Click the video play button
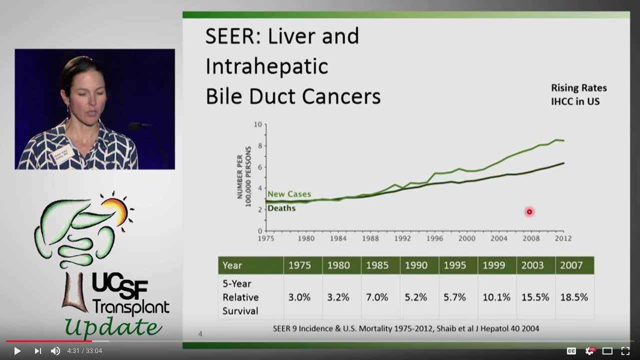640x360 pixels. point(17,351)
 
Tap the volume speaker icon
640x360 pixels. point(55,351)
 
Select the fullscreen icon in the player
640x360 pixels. point(625,351)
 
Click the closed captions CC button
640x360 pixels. point(571,351)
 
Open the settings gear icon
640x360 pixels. point(590,351)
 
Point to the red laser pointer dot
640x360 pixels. point(529,212)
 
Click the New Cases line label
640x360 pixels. point(289,194)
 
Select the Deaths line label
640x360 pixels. point(281,208)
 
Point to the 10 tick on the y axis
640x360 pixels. point(258,124)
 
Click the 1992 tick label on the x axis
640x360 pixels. point(402,239)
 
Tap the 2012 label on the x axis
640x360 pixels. point(563,239)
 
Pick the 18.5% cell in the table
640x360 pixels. point(574,297)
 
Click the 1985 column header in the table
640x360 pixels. point(377,265)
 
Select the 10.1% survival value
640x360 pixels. point(496,297)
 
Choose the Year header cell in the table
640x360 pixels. point(232,265)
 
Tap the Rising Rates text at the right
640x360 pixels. point(579,88)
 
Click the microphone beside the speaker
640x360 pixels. point(136,127)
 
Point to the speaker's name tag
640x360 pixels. point(63,155)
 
